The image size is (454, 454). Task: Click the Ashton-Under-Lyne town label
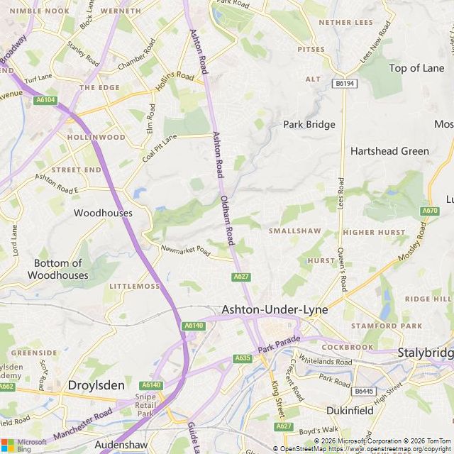click(x=268, y=310)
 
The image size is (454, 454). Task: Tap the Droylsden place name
click(x=96, y=385)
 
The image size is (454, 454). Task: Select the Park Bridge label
click(x=309, y=124)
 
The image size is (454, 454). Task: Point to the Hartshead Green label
click(x=389, y=151)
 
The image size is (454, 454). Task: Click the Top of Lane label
click(x=416, y=68)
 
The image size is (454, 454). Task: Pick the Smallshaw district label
click(x=294, y=231)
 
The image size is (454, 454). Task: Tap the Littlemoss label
click(x=135, y=286)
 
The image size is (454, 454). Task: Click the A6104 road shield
click(x=45, y=101)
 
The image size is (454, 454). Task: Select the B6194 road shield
click(x=343, y=84)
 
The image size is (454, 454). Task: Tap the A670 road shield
click(x=430, y=211)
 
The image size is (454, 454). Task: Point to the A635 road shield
click(x=243, y=358)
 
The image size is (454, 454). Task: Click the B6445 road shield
click(x=364, y=391)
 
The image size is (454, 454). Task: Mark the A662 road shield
click(x=6, y=387)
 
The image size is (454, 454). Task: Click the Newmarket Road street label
click(x=186, y=250)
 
